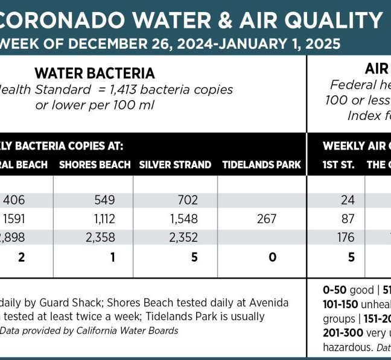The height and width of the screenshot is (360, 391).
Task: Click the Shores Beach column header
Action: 95,165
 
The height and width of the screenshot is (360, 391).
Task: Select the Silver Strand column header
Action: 175,165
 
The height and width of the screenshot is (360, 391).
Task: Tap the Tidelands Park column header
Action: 261,165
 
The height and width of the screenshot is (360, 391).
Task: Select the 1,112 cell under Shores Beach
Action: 101,219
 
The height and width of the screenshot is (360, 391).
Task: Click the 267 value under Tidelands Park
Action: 266,219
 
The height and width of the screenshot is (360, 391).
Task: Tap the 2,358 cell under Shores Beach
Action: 100,238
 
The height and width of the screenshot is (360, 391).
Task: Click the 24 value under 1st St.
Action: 347,200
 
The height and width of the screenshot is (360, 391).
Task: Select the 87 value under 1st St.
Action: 347,219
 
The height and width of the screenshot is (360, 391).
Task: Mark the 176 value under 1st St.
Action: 346,238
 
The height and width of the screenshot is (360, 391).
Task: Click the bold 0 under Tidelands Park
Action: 272,257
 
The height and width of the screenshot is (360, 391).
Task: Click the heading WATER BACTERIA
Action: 95,74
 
